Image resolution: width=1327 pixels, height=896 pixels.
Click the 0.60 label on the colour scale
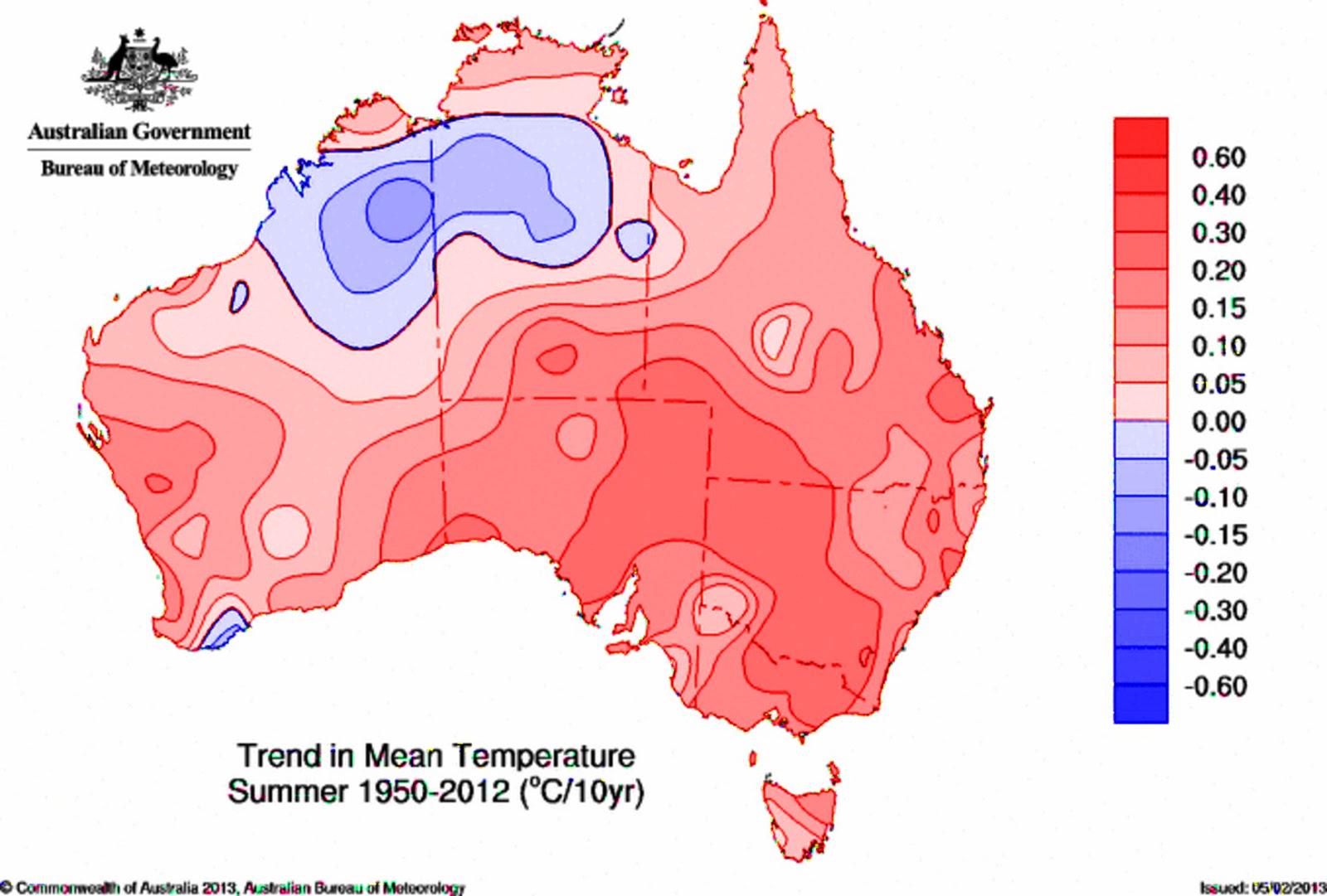[1218, 157]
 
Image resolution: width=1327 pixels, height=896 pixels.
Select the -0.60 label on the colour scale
[1215, 686]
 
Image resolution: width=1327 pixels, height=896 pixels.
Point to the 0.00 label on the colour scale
[1218, 422]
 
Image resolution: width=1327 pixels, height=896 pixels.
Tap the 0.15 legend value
[1218, 308]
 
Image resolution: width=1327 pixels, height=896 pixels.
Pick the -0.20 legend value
[1215, 573]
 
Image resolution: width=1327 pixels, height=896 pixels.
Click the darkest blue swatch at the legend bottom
[1140, 703]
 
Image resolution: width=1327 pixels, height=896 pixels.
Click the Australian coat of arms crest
[139, 70]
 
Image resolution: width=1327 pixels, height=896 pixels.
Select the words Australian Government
[139, 132]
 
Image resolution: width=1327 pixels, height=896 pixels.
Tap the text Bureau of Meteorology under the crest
[139, 168]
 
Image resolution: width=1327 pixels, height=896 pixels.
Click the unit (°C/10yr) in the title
[581, 792]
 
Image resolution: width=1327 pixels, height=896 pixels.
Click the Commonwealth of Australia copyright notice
[232, 888]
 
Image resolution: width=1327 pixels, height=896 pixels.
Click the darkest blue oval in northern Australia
[399, 210]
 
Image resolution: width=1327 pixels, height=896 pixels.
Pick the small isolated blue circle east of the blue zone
[635, 240]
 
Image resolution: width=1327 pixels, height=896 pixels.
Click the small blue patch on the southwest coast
[224, 630]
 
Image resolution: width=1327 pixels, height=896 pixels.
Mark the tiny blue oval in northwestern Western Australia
[239, 296]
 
